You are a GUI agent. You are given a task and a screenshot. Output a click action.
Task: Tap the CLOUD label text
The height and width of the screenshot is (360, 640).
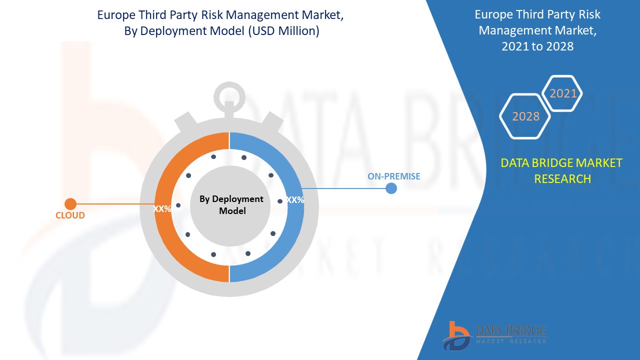(x=70, y=215)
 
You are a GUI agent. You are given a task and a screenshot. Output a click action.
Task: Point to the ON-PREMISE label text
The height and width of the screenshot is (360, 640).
(x=394, y=176)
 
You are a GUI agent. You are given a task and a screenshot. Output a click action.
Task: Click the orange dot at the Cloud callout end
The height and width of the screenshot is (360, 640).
(x=70, y=204)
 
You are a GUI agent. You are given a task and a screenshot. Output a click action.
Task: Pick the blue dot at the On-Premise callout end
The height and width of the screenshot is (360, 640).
(x=391, y=188)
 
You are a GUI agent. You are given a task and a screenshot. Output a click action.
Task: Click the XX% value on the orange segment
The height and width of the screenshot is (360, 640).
(x=162, y=209)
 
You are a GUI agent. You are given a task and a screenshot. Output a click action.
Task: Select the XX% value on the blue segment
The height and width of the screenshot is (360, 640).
(x=295, y=200)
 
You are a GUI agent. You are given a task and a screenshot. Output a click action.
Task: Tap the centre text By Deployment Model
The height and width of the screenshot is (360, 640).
(x=231, y=205)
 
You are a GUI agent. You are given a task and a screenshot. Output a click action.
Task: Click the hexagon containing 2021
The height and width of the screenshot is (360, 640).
(x=562, y=93)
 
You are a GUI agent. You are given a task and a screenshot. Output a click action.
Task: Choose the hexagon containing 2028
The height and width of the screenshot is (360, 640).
(x=525, y=116)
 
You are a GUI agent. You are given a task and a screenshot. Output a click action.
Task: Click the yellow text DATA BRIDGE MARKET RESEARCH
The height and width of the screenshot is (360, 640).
(x=562, y=170)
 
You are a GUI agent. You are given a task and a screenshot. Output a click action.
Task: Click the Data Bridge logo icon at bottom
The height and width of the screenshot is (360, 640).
(x=456, y=334)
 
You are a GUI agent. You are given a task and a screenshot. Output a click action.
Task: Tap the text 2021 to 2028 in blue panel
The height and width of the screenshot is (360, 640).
(x=538, y=46)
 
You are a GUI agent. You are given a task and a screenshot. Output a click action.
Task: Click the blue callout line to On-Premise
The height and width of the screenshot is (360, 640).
(x=345, y=188)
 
